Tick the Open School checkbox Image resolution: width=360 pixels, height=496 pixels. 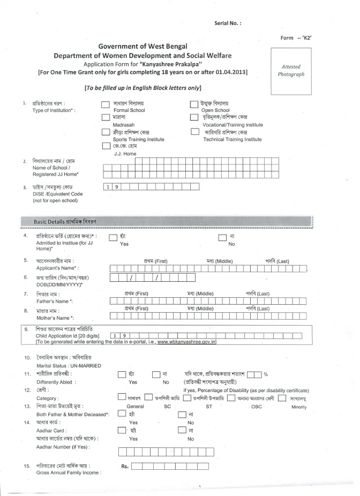click(x=195, y=104)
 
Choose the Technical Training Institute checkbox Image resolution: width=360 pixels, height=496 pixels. click(x=195, y=132)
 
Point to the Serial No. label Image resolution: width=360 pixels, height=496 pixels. click(x=228, y=23)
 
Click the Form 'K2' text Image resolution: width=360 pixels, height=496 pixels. click(x=296, y=37)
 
